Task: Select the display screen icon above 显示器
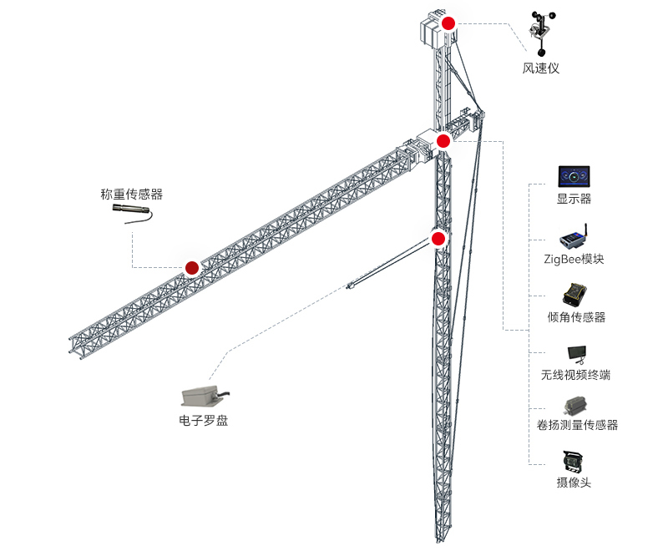click(574, 176)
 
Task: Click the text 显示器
click(574, 200)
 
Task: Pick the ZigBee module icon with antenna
click(574, 237)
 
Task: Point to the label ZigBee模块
click(574, 259)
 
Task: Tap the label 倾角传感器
click(576, 317)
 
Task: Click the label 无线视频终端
click(575, 375)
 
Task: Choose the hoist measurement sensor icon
click(574, 406)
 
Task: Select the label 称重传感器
click(131, 195)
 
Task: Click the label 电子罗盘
click(204, 421)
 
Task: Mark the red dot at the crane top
click(448, 23)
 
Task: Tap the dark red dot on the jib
click(192, 268)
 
